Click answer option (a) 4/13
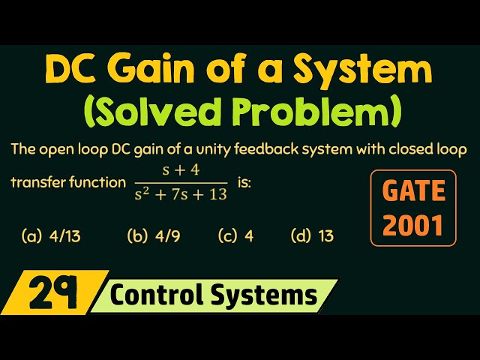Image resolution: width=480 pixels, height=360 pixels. pyautogui.click(x=51, y=236)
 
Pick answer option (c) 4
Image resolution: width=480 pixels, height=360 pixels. pyautogui.click(x=235, y=236)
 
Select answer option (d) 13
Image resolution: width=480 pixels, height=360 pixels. pyautogui.click(x=312, y=236)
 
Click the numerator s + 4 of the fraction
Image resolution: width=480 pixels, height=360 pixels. pyautogui.click(x=181, y=170)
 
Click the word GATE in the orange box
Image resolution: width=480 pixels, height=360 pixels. pyautogui.click(x=413, y=191)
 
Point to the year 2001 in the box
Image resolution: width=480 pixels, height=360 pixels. pyautogui.click(x=413, y=224)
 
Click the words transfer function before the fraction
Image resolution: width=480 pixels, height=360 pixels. pyautogui.click(x=67, y=182)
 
